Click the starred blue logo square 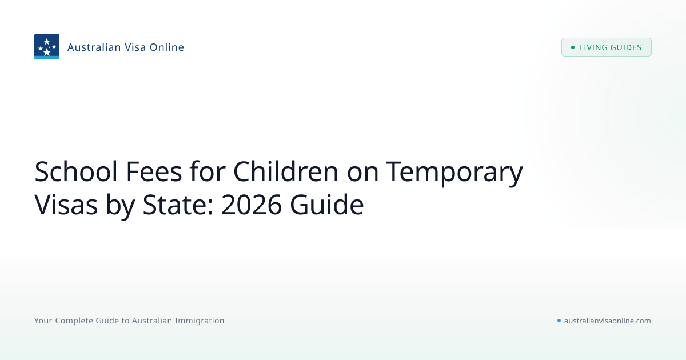click(x=47, y=47)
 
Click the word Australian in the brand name click(x=94, y=47)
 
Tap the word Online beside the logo click(x=166, y=47)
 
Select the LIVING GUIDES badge click(x=607, y=47)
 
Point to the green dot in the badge click(x=573, y=47)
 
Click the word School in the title click(x=76, y=171)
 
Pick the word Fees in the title click(x=154, y=171)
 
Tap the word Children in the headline click(x=286, y=171)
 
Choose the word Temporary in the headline click(x=454, y=173)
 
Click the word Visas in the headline click(x=66, y=205)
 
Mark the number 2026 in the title click(x=251, y=205)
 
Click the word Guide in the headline click(x=327, y=205)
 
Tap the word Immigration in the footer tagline click(x=200, y=321)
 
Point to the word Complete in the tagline click(x=74, y=321)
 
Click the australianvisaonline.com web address click(x=608, y=321)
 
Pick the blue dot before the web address click(x=559, y=321)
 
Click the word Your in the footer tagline click(x=43, y=321)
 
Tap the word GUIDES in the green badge click(x=626, y=47)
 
